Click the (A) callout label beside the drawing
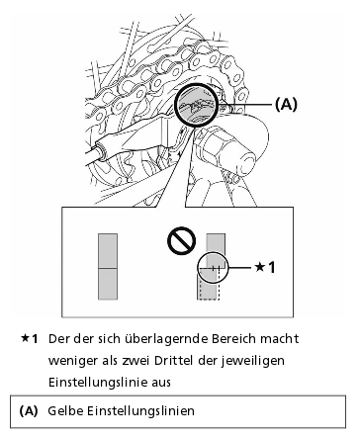tap(286, 104)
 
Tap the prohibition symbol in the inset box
tap(181, 240)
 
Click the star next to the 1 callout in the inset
tap(260, 266)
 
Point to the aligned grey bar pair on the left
tap(108, 267)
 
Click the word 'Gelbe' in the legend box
tap(65, 411)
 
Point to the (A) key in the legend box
tap(29, 411)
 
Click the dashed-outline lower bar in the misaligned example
tap(209, 285)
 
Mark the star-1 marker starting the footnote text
tap(30, 338)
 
